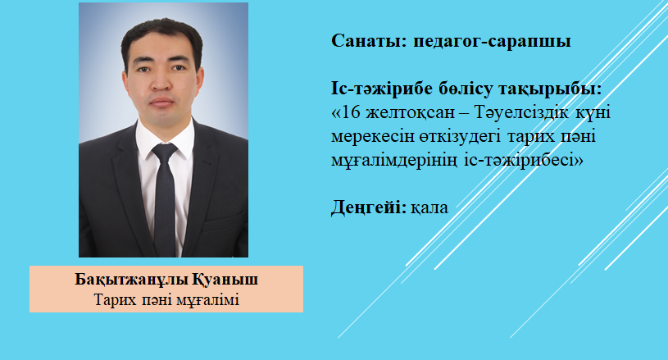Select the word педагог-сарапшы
(492, 42)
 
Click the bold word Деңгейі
(369, 207)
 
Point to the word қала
(429, 208)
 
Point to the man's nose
(161, 82)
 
